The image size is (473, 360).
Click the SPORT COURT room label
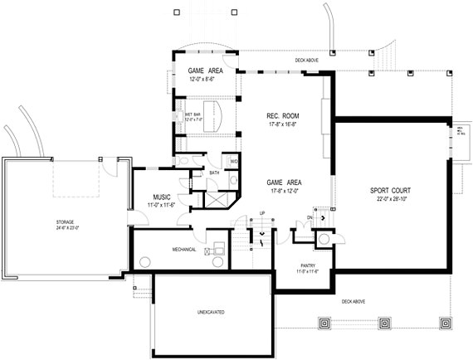390,190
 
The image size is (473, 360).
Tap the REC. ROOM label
283,114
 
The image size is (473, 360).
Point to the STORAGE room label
66,222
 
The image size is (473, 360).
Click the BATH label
214,173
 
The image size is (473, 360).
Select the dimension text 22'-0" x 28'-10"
390,199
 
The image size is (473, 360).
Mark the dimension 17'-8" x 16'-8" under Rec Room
283,124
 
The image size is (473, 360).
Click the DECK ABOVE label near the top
306,61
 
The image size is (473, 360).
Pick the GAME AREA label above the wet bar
202,71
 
